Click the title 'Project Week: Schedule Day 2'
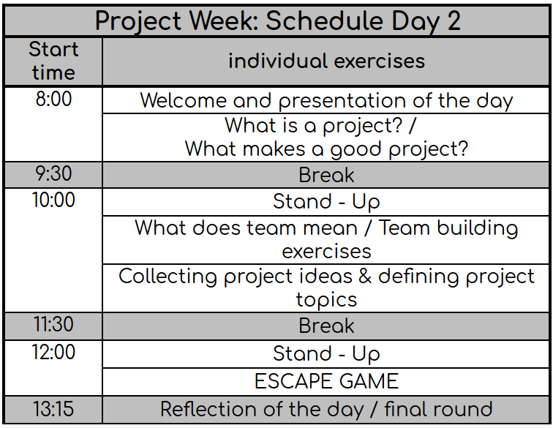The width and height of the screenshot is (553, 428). click(277, 20)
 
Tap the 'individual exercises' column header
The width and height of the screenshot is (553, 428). click(326, 61)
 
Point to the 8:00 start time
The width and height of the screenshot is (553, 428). click(53, 100)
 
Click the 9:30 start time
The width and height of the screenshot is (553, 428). click(53, 176)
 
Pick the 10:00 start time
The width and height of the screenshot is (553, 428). click(53, 200)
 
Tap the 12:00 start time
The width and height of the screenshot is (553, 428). click(53, 353)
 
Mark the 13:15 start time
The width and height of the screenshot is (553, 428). click(53, 409)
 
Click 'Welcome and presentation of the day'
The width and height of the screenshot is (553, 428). click(326, 101)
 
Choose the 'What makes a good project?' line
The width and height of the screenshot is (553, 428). click(326, 149)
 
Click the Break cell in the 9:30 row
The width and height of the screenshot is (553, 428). click(326, 176)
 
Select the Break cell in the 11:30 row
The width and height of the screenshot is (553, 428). click(326, 326)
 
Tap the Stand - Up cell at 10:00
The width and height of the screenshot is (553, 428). click(326, 201)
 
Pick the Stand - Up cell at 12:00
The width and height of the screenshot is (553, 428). click(326, 354)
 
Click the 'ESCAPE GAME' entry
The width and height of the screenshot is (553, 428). click(326, 381)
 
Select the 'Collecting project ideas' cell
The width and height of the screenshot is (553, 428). click(326, 288)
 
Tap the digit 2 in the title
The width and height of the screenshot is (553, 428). click(453, 21)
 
